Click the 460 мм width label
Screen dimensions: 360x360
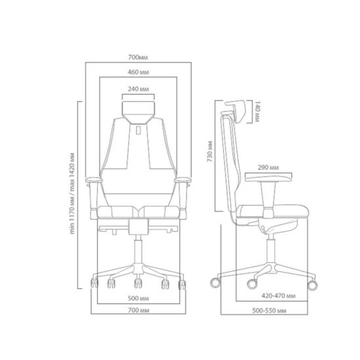pos(138,73)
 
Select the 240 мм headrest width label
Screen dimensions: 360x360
pos(139,88)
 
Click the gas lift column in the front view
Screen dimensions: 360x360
pos(139,253)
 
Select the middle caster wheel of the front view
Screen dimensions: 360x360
pos(139,283)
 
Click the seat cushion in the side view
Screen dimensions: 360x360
pos(268,211)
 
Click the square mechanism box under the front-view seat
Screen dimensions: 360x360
pos(139,225)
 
